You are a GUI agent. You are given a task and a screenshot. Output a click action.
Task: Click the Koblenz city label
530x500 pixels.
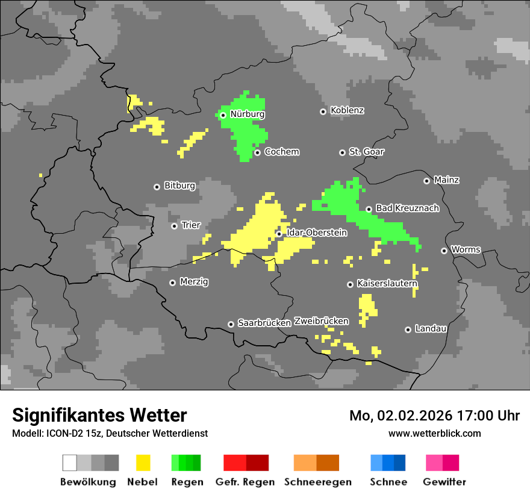347,111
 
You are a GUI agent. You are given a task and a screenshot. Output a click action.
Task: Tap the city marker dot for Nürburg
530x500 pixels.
223,114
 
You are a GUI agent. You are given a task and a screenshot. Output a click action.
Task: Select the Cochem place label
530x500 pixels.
281,152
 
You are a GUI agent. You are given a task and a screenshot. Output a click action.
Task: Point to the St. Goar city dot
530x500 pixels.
342,152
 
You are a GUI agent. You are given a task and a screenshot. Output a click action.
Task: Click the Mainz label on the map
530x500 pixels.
446,180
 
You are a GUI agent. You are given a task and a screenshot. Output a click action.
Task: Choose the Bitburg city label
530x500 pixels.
179,186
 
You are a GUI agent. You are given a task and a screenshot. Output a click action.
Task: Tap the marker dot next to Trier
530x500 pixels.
174,226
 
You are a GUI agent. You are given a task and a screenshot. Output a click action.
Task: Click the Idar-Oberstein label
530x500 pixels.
317,233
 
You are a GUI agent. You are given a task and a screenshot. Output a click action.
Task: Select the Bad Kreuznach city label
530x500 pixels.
407,208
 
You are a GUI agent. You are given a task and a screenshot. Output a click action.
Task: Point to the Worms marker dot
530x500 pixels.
444,251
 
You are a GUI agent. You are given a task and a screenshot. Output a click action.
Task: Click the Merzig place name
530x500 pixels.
194,282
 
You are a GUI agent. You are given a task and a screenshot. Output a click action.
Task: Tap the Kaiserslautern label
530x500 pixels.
387,283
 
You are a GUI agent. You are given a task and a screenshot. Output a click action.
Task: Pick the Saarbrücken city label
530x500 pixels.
264,323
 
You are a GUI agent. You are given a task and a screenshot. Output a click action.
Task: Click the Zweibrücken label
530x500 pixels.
321,321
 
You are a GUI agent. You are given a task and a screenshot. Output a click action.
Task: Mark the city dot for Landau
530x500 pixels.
408,330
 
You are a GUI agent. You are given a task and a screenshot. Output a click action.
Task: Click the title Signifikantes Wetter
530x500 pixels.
99,415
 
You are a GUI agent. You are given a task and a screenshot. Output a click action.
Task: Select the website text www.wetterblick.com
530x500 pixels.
434,433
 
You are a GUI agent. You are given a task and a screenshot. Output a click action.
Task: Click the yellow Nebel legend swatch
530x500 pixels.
143,463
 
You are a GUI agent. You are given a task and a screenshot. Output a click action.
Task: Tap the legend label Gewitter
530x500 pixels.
444,482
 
